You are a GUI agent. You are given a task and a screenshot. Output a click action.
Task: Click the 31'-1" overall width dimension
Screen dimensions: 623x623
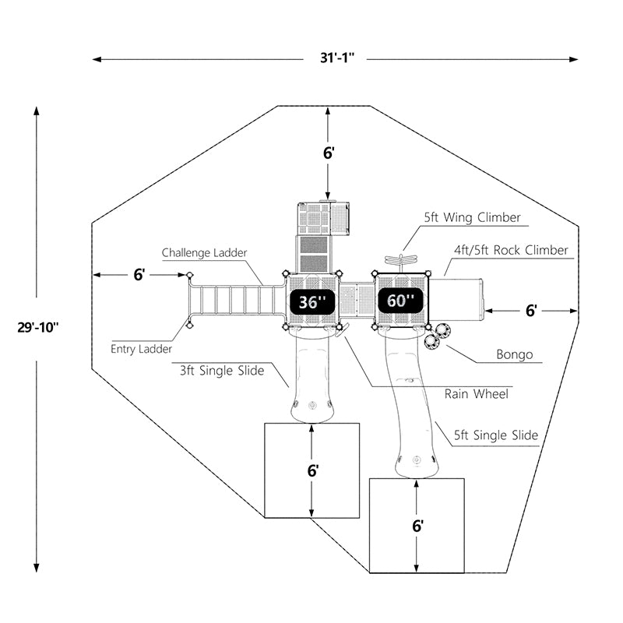335,58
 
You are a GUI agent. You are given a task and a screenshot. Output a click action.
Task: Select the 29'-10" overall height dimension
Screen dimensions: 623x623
37,326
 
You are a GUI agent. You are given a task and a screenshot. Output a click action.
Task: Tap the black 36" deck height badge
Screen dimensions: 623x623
311,301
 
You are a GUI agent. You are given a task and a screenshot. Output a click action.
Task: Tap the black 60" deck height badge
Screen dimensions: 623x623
402,300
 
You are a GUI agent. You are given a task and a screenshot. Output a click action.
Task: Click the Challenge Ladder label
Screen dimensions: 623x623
205,253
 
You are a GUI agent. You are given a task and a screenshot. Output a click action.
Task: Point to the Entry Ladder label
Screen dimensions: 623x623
141,350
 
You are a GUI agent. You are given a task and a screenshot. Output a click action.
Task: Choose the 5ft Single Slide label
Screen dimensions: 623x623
496,435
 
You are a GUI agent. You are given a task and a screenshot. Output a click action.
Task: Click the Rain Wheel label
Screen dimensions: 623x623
477,394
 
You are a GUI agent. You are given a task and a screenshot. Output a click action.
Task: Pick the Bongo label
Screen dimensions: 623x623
515,355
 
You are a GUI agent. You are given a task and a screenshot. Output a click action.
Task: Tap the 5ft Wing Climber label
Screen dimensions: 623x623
472,218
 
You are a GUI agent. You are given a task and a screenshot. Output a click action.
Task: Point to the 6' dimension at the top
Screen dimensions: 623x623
329,153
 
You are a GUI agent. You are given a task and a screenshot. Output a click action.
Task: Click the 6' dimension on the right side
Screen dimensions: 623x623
531,310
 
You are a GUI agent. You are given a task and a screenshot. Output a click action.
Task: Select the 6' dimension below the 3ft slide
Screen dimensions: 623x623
312,470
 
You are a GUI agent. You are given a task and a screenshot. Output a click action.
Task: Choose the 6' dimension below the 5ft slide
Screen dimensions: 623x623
417,526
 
